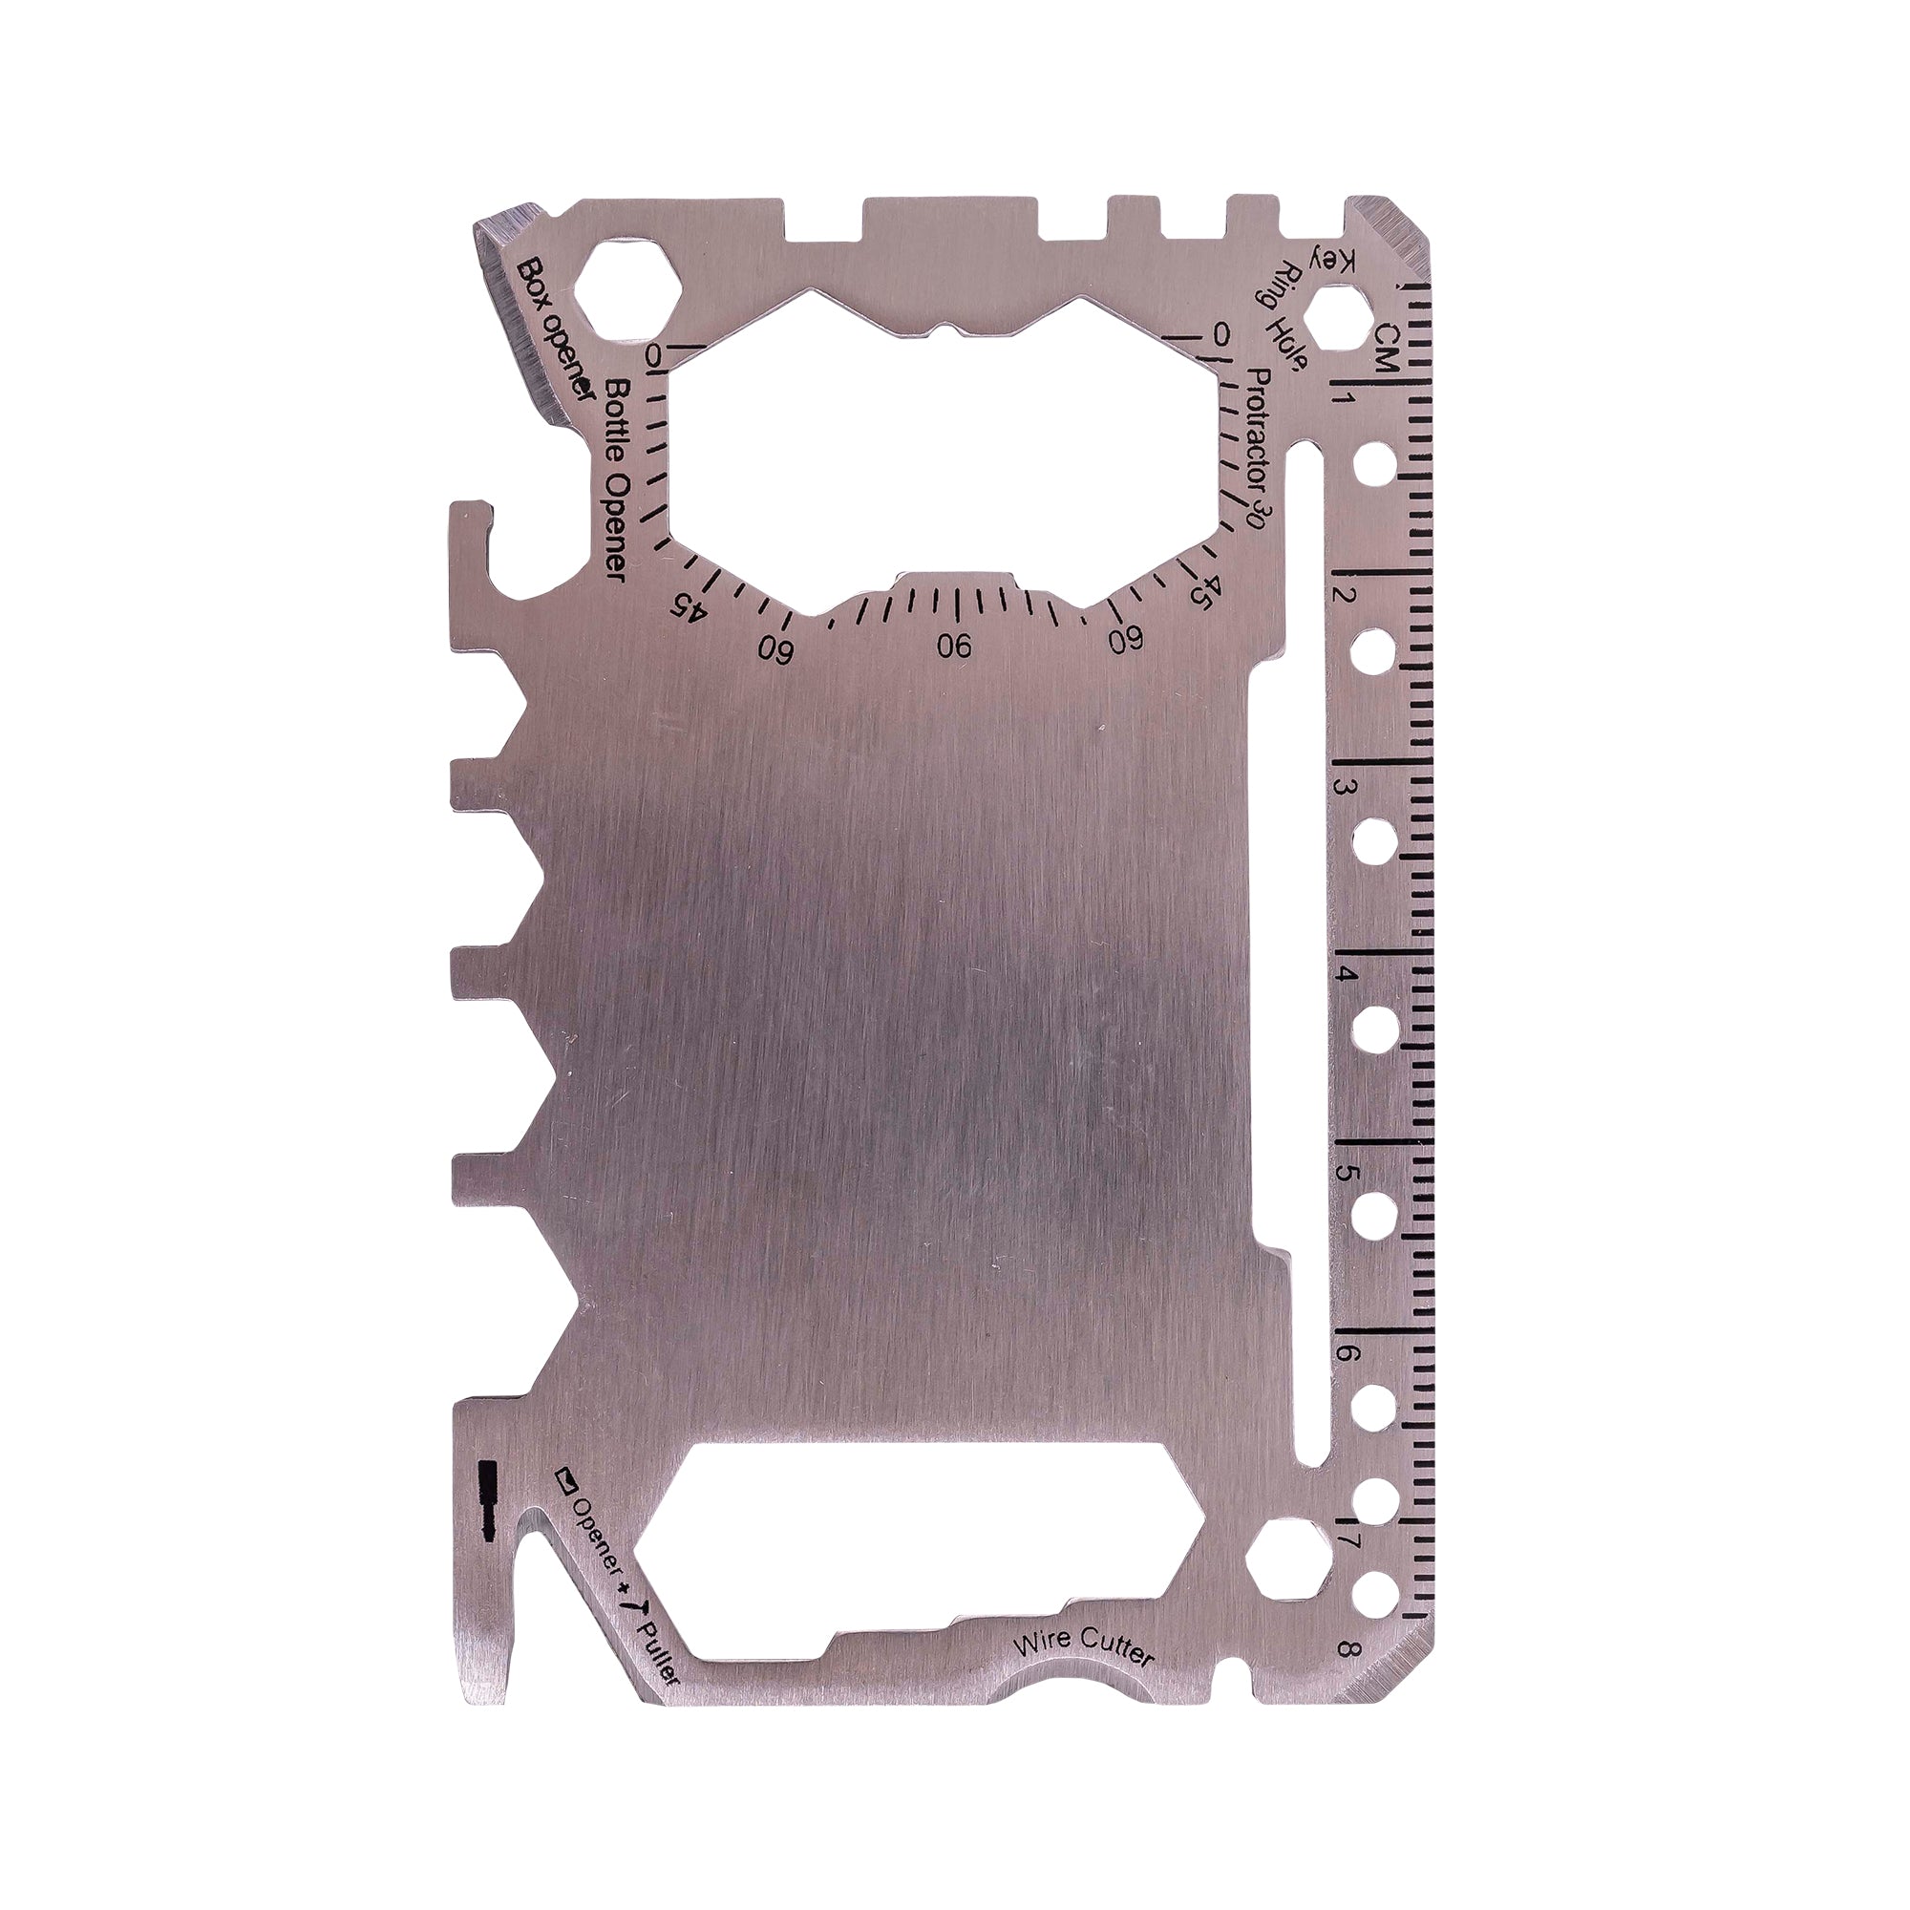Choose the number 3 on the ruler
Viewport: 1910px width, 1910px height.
pyautogui.click(x=1344, y=787)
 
